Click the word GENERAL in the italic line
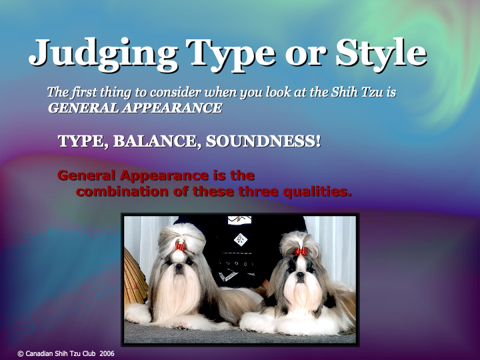77,108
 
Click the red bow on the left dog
179,245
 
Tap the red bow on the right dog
301,251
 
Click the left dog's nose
179,268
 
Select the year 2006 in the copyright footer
107,353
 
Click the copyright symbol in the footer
20,353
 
